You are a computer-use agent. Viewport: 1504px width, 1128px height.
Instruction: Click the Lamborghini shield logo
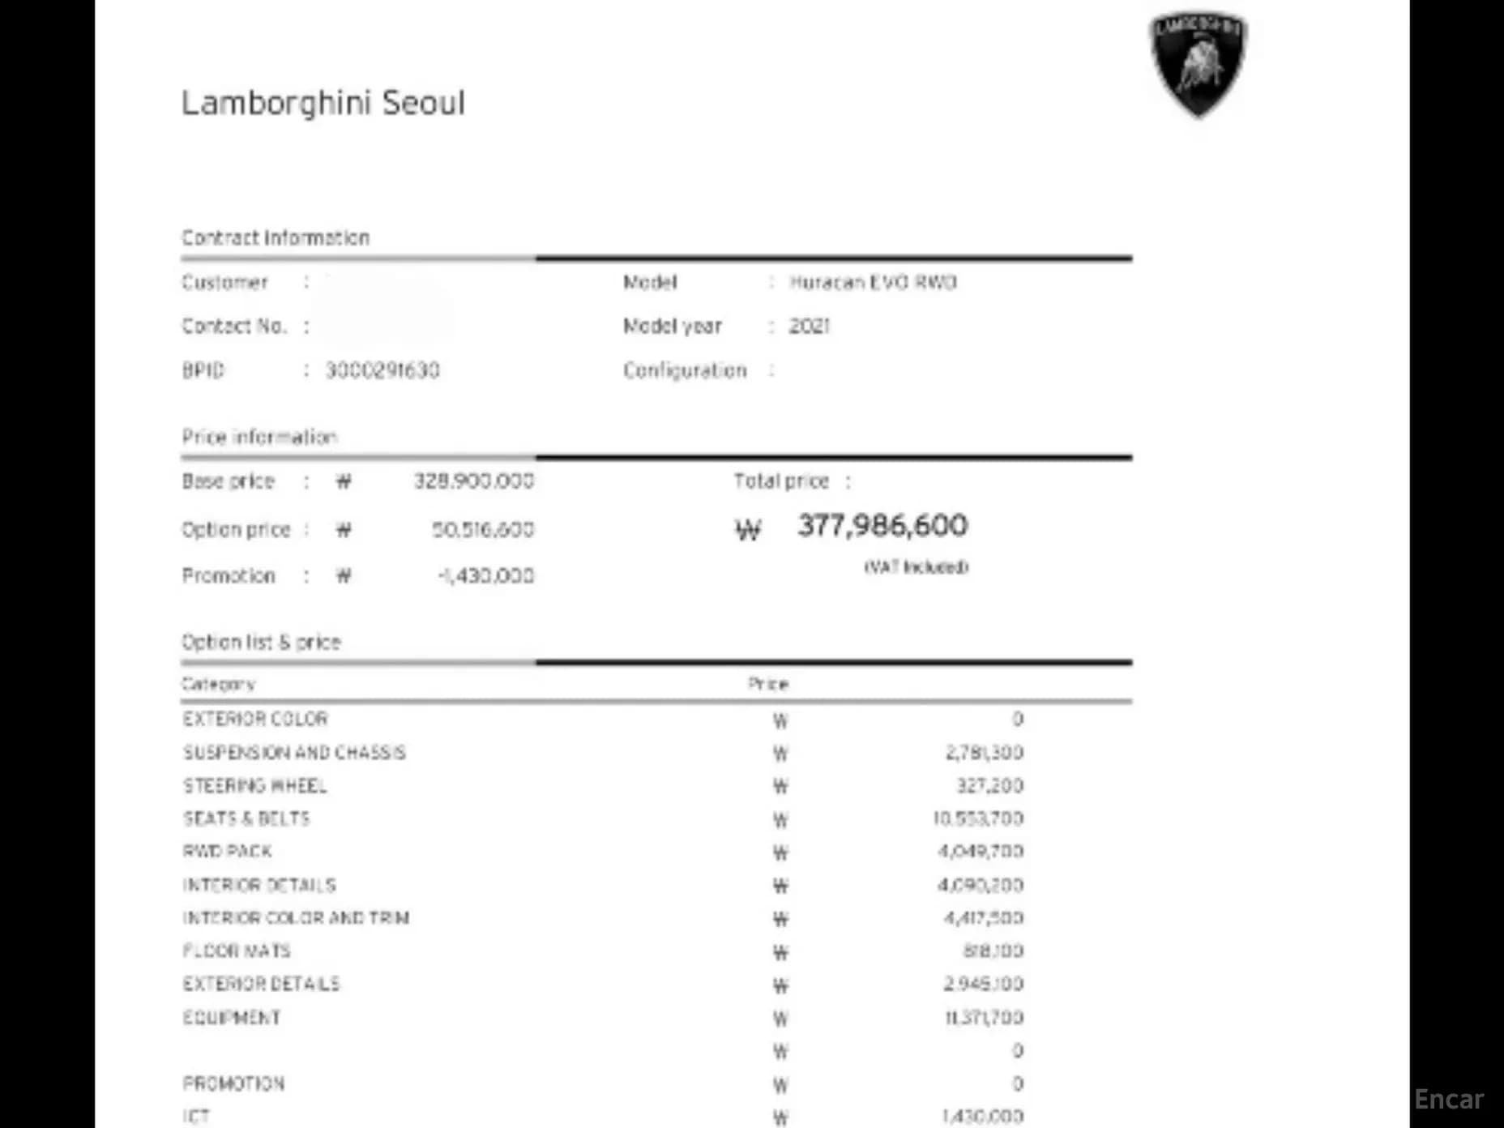[x=1198, y=63]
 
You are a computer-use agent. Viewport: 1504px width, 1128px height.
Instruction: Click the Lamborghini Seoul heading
[x=323, y=103]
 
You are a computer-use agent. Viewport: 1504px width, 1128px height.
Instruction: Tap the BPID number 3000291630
[x=382, y=370]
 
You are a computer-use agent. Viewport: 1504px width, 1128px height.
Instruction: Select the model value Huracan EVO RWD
[x=873, y=282]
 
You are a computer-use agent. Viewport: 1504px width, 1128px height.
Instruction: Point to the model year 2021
[x=810, y=326]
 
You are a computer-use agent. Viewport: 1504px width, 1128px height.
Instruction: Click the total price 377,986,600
[x=882, y=526]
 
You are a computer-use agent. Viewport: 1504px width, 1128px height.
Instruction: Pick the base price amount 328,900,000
[x=474, y=481]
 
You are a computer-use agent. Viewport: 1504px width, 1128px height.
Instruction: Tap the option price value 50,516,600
[x=483, y=530]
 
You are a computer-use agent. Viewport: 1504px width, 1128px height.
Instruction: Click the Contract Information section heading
[x=276, y=237]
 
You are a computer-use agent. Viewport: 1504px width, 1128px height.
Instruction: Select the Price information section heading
[x=259, y=437]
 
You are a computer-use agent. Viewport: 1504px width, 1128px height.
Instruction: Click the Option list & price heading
[x=261, y=642]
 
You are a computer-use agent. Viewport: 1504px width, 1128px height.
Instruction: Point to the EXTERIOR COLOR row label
[x=255, y=719]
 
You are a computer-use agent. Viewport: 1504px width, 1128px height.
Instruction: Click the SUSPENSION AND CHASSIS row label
[x=294, y=753]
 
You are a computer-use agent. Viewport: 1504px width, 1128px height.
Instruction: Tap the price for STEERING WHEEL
[x=989, y=786]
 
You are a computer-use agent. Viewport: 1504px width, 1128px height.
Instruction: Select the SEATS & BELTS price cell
[x=978, y=818]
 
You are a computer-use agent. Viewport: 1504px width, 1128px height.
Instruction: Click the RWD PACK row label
[x=228, y=852]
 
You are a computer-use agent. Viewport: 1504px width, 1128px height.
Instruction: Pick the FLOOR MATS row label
[x=237, y=951]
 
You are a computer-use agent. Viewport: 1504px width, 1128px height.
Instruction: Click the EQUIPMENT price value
[x=984, y=1017]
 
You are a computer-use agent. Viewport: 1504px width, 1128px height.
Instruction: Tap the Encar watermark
[x=1449, y=1100]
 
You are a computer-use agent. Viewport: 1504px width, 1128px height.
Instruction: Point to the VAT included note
[x=916, y=567]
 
